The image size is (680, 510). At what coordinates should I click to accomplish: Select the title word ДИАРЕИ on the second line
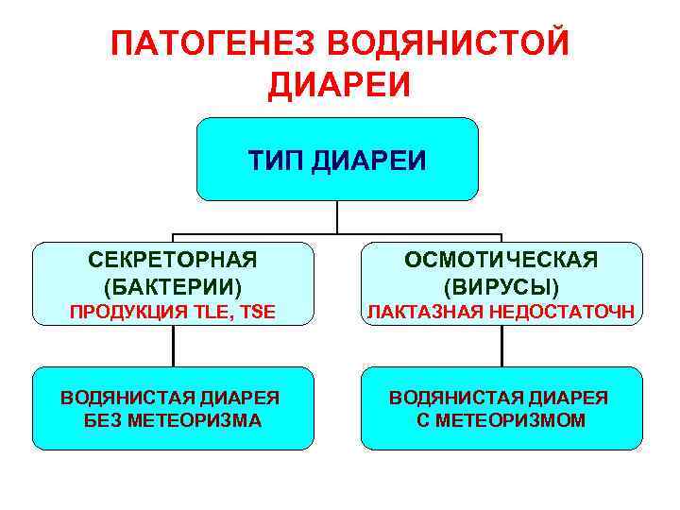coord(340,86)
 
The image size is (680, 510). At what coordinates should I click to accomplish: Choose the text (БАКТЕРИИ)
coord(173,284)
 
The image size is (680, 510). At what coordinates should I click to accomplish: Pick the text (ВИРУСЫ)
coord(501,284)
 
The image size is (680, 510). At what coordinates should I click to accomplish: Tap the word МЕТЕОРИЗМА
coord(201,421)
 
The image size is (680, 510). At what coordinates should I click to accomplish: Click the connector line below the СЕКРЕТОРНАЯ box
coord(173,346)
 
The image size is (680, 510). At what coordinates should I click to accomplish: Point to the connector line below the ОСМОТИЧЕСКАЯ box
coord(501,346)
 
